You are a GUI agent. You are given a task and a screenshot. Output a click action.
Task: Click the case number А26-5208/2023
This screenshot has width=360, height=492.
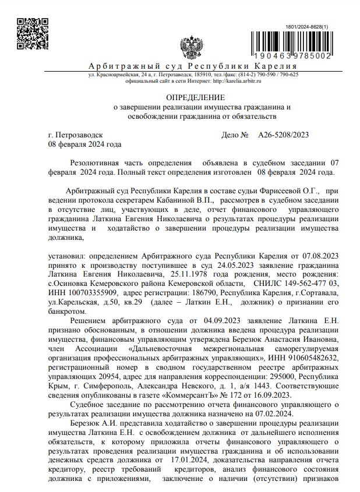pos(283,135)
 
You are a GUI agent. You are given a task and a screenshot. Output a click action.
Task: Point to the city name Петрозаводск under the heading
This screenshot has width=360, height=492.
pos(79,135)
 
